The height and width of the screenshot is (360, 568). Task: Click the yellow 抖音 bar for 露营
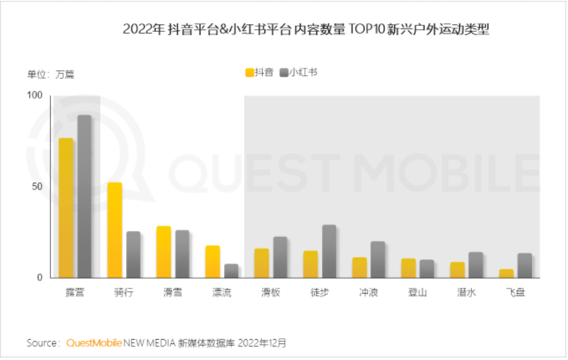66,208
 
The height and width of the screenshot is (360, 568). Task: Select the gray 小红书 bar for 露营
84,196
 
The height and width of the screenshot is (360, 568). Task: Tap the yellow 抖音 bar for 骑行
115,230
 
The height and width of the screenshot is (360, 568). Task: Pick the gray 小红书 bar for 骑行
133,255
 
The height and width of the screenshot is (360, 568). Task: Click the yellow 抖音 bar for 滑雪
163,251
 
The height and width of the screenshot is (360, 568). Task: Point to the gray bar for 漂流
231,270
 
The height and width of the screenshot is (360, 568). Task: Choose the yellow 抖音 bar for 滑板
262,263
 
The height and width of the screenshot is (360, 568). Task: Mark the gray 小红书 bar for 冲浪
377,260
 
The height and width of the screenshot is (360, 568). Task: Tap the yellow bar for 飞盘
506,273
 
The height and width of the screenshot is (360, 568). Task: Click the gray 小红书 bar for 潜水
475,265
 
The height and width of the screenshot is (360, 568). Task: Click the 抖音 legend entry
259,72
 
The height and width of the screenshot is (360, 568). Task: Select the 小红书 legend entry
298,72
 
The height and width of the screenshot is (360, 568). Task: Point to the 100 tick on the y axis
34,95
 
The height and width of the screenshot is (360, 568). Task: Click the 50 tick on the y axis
37,186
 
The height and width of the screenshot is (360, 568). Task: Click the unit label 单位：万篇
51,74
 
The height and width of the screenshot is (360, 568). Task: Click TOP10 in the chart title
361,29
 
